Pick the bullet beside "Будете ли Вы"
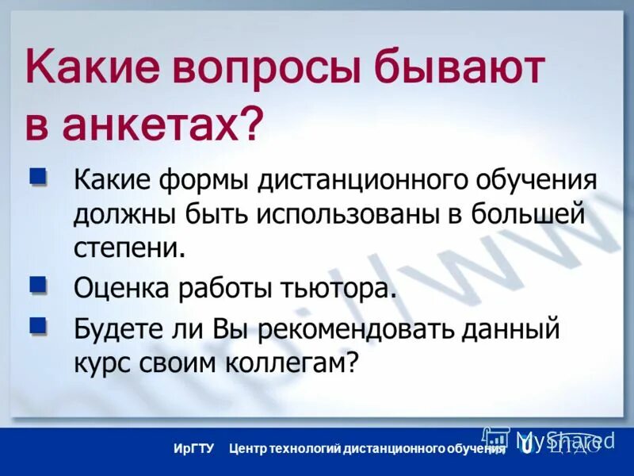tap(36, 324)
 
